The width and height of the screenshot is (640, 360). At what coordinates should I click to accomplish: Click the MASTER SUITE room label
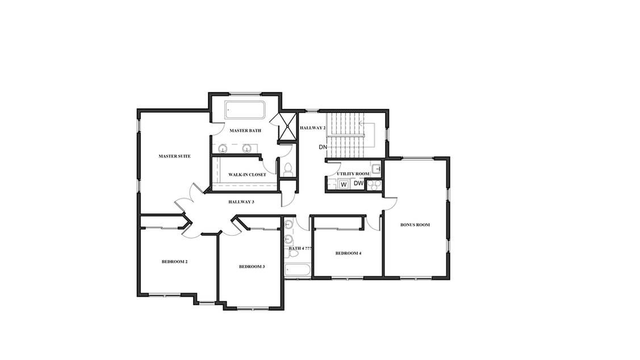pos(174,156)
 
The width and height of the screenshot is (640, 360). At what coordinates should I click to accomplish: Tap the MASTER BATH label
pos(245,131)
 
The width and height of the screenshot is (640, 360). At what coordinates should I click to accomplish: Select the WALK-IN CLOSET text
pos(247,175)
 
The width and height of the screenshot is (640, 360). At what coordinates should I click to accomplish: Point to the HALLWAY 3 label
pos(241,202)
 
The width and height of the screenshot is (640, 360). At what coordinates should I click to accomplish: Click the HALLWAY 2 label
pos(313,128)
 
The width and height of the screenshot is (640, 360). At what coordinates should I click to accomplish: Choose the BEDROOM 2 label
pos(174,262)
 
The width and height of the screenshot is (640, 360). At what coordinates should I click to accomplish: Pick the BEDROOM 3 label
pos(252,266)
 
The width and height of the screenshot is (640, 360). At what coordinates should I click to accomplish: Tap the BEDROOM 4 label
pos(348,253)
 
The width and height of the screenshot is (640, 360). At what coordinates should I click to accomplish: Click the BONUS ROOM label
pos(415,224)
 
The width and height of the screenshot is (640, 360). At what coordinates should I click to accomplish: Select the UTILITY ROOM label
pos(353,173)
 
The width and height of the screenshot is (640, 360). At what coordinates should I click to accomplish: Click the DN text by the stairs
pos(323,147)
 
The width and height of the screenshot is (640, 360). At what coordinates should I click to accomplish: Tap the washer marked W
pos(344,185)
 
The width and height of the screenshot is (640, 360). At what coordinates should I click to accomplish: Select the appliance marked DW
pos(358,183)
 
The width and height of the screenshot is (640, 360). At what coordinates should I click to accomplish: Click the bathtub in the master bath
pos(245,110)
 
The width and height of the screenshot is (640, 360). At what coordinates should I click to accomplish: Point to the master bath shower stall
pos(287,126)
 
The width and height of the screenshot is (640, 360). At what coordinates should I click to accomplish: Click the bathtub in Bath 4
pos(297,271)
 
